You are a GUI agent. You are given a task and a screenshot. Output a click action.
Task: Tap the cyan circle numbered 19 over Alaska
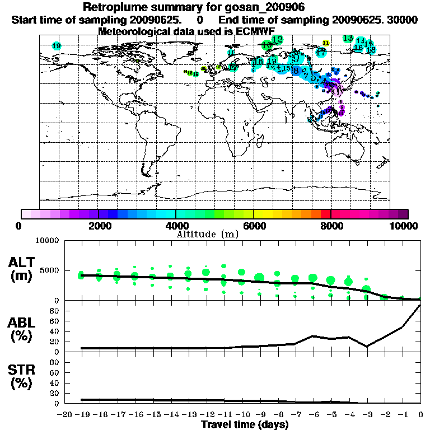[x=56, y=46]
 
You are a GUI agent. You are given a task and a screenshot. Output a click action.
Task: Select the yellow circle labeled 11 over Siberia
[x=326, y=43]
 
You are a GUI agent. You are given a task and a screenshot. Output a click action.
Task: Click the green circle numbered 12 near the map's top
[x=278, y=39]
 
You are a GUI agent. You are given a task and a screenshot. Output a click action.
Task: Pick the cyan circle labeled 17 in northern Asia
[x=321, y=53]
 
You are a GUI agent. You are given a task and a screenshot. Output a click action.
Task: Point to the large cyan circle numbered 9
[x=296, y=58]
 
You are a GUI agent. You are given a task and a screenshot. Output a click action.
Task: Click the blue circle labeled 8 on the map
[x=296, y=71]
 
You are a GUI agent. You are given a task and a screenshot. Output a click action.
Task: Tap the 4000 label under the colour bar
[x=175, y=226]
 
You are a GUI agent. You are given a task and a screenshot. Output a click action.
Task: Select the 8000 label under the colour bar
[x=330, y=226]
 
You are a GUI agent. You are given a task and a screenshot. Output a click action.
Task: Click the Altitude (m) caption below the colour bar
[x=207, y=233]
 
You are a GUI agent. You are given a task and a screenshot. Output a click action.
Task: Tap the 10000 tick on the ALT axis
[x=47, y=241]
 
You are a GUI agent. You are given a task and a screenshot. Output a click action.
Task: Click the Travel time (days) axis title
[x=245, y=424]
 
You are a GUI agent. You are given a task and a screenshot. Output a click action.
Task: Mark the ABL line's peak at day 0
[x=420, y=306]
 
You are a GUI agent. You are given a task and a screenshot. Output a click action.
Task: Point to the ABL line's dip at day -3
[x=367, y=346]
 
